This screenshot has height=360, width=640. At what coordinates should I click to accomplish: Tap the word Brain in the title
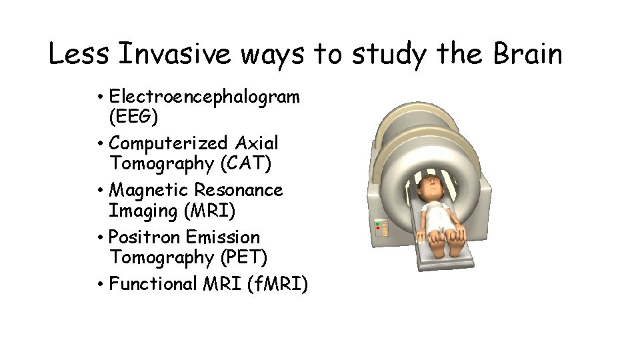527,54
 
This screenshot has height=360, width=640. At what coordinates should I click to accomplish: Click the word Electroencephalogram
205,97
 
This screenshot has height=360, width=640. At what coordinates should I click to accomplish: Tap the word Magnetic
149,190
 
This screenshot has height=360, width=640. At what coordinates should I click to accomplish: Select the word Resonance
239,190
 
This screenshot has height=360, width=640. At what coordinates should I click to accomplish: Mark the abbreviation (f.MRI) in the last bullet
277,285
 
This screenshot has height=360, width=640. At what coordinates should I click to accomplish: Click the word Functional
153,284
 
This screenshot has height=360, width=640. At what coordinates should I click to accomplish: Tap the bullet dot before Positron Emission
98,238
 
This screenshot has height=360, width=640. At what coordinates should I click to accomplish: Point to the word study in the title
387,54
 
